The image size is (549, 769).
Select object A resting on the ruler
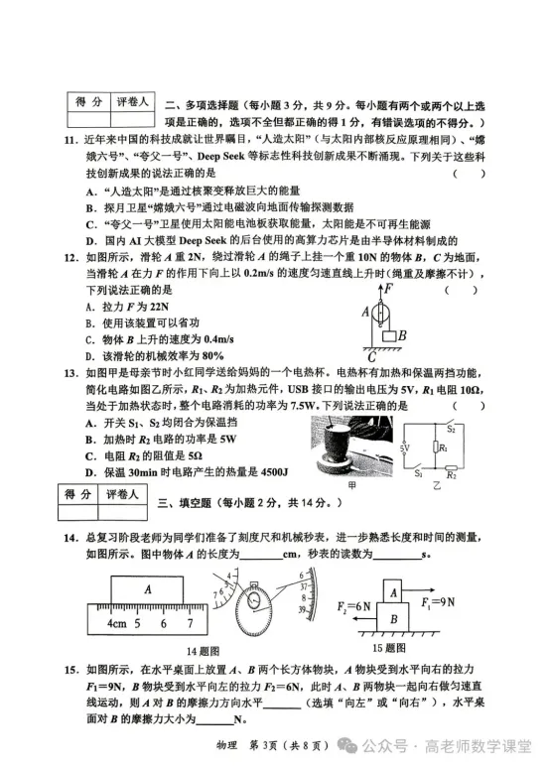coord(147,588)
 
